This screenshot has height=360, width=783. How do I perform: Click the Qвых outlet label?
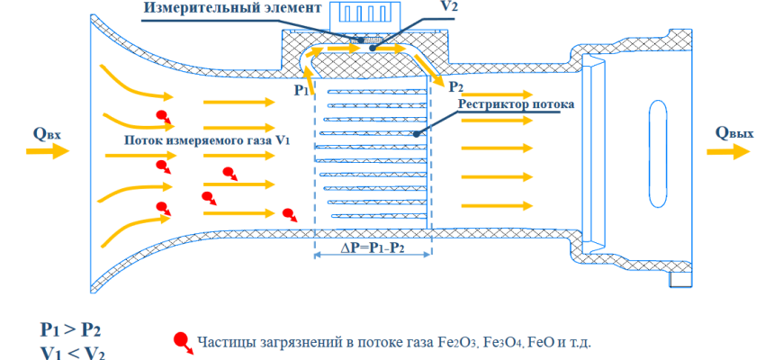[734, 133]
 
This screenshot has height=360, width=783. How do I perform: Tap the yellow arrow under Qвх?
[47, 151]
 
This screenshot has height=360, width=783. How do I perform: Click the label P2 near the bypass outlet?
[455, 86]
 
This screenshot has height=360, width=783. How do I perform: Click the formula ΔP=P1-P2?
[373, 247]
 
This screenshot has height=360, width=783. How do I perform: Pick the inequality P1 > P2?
[71, 329]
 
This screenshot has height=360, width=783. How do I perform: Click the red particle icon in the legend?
[181, 341]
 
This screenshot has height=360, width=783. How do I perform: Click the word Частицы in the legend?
[223, 343]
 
